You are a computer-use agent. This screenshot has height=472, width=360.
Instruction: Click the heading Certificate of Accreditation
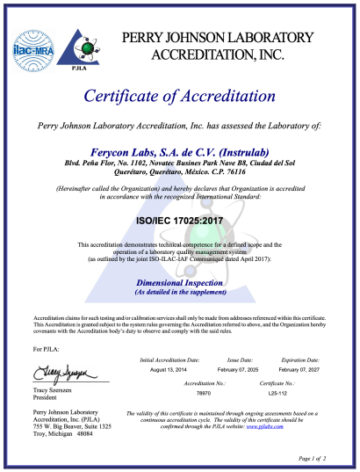[179, 95]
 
